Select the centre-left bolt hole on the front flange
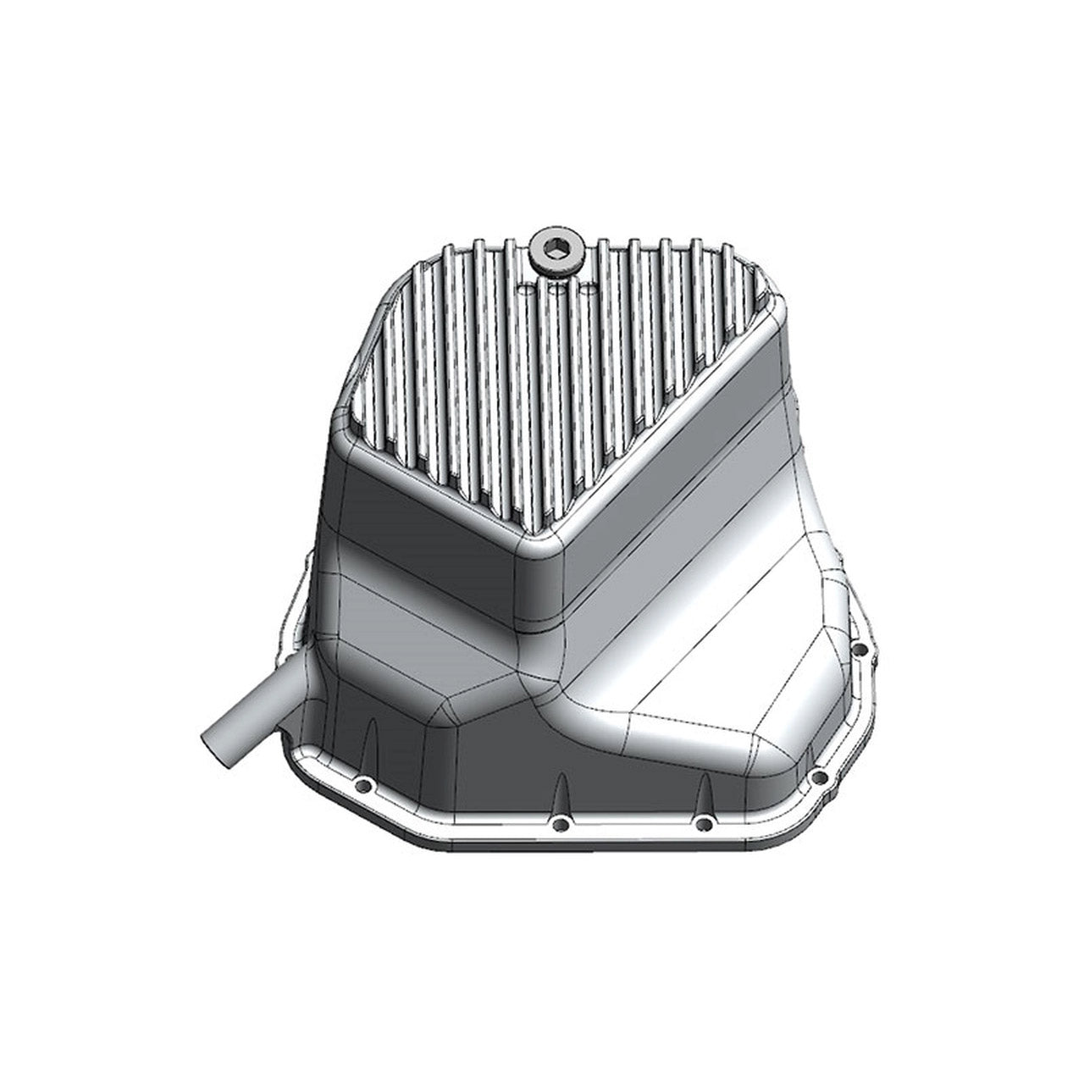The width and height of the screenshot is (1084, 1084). point(557,824)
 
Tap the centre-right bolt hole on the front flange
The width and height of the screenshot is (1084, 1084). point(703,822)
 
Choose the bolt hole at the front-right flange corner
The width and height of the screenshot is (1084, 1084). point(818,777)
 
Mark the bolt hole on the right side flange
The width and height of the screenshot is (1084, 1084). point(860,650)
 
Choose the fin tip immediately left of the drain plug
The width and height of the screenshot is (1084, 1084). point(510,244)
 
